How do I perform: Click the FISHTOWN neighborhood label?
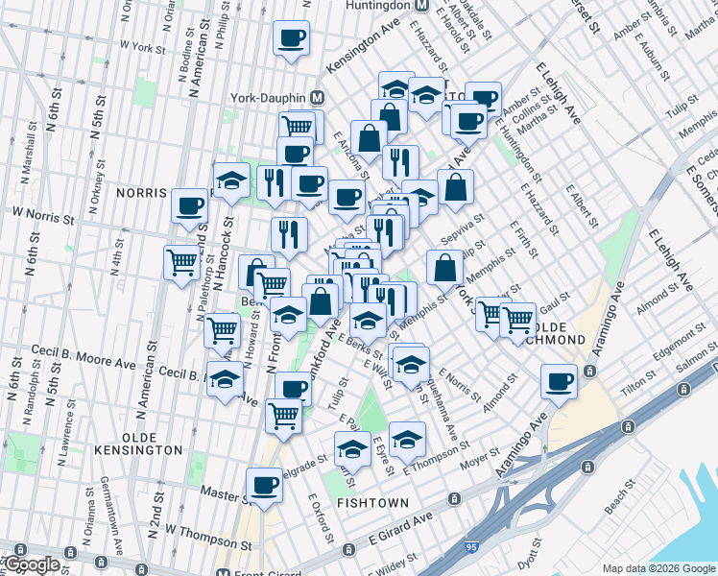click(372, 502)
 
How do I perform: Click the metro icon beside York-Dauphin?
click(318, 98)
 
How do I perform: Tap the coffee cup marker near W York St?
click(291, 39)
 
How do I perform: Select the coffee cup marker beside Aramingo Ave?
click(559, 382)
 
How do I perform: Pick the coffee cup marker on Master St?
click(264, 486)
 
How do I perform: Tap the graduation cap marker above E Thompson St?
click(407, 440)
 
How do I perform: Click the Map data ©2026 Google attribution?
click(658, 568)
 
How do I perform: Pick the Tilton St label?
click(635, 382)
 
